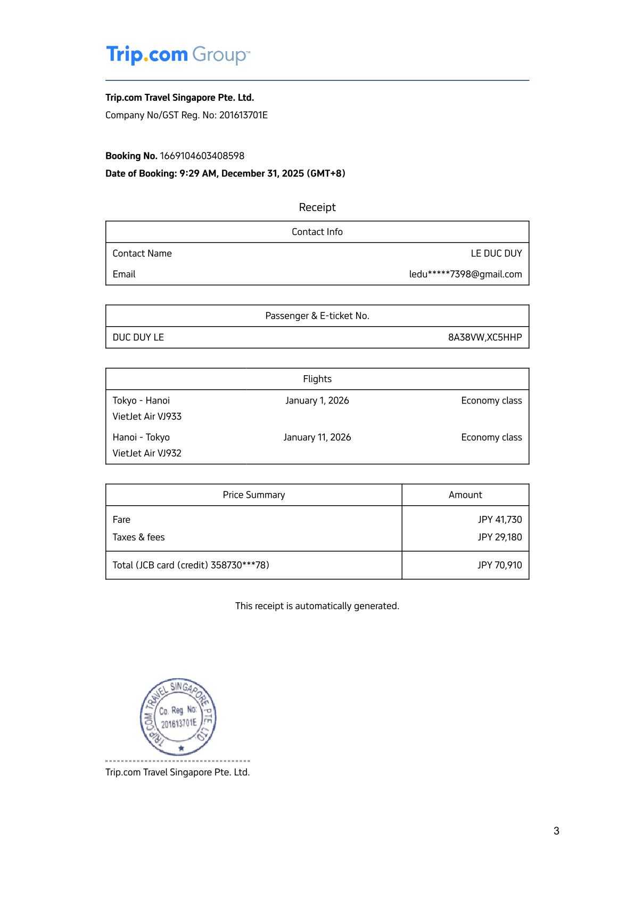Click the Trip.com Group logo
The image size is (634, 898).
178,55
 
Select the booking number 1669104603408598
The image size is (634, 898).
202,156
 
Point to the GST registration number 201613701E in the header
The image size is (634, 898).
243,115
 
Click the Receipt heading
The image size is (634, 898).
317,207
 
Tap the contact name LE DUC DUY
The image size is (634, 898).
496,254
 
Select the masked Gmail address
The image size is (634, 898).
465,274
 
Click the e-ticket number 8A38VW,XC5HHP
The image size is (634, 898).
484,337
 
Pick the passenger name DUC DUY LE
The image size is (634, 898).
138,337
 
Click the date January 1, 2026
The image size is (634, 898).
317,401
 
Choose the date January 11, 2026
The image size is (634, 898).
317,438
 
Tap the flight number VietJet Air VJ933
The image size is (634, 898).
147,416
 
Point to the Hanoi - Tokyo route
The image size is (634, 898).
141,438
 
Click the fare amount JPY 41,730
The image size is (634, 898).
499,520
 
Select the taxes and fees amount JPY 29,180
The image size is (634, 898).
499,537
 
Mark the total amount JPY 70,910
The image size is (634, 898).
499,565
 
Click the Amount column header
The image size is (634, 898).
465,495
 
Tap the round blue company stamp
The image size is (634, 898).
178,717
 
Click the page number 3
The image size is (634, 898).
556,831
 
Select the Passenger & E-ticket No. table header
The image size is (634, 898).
317,316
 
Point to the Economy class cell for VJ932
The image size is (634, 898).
491,438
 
